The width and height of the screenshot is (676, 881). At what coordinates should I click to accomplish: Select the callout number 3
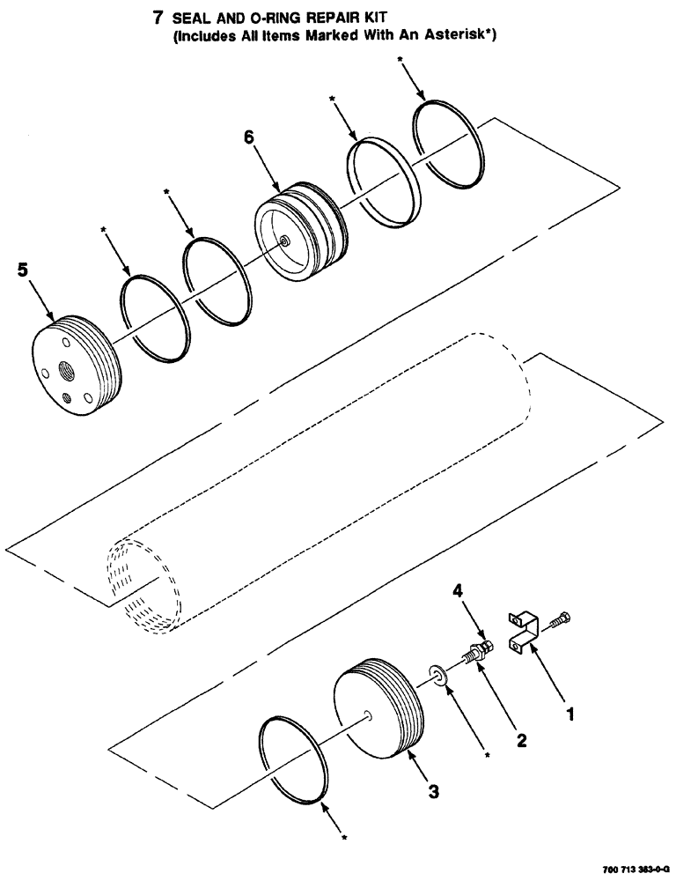point(433,791)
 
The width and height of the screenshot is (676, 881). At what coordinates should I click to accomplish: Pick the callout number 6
point(249,138)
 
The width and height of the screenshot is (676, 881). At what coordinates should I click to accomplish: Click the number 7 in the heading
point(160,17)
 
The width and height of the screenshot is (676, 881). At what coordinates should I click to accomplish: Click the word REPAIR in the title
point(344,17)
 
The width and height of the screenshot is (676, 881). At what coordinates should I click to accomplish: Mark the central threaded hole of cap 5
point(67,369)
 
